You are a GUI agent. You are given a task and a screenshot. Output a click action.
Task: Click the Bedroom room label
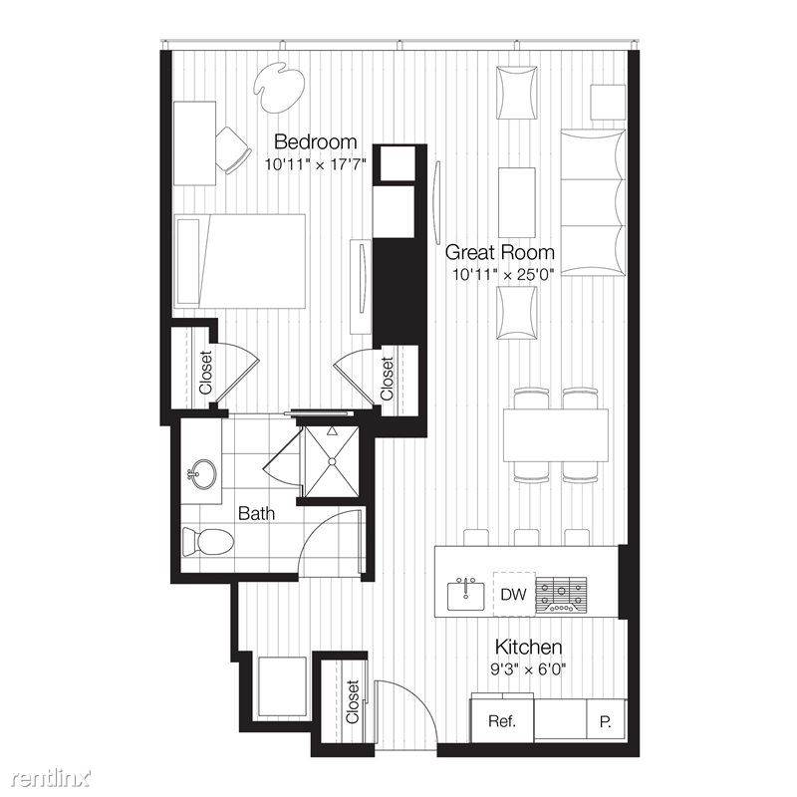(315, 141)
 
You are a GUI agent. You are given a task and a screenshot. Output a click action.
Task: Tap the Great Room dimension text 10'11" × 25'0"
(503, 275)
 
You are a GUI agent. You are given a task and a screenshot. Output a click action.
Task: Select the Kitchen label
(528, 647)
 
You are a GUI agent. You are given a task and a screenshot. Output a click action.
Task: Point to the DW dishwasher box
(513, 594)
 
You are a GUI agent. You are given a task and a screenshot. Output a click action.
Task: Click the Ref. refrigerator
(502, 720)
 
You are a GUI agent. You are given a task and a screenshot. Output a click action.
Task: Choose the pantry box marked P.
(607, 720)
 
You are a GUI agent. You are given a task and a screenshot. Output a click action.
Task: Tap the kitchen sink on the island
(465, 595)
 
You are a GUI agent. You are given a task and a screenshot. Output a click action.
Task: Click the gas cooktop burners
(561, 595)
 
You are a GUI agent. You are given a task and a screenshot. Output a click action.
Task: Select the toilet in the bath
(207, 541)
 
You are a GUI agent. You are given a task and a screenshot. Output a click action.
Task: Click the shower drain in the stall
(332, 461)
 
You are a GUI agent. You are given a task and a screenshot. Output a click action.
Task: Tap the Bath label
(256, 513)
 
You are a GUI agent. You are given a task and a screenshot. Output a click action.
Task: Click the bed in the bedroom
(240, 261)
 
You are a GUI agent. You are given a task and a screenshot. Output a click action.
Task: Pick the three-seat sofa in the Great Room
(593, 203)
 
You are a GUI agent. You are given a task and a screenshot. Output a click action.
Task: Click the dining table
(556, 435)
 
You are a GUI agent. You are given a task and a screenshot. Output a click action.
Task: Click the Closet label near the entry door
(353, 702)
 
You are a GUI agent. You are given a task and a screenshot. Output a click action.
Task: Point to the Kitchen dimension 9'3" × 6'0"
(528, 669)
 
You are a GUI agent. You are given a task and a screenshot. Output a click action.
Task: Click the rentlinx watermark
(52, 778)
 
